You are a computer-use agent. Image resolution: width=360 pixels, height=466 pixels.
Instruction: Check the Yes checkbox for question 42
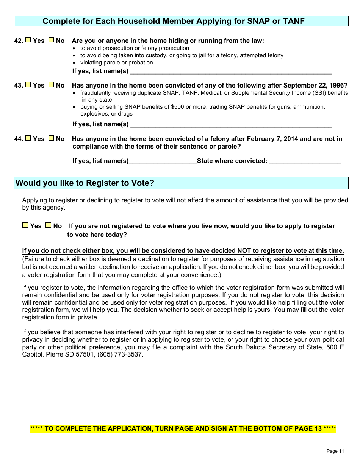[28, 40]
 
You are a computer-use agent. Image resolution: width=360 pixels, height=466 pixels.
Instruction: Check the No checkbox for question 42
[51, 40]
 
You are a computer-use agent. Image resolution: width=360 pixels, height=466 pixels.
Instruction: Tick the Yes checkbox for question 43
[28, 85]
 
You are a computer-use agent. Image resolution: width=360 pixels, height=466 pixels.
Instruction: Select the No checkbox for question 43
[51, 85]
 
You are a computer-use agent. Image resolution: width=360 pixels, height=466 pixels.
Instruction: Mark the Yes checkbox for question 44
[28, 138]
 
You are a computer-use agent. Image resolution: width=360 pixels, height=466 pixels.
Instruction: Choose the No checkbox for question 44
[51, 138]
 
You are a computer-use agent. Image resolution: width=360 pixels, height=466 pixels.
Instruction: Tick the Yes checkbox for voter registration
[25, 225]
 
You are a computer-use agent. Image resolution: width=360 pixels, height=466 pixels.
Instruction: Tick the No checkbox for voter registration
[48, 225]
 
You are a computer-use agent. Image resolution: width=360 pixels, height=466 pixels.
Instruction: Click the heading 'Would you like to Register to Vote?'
[85, 183]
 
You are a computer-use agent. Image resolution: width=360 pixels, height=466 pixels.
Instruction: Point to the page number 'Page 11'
[335, 451]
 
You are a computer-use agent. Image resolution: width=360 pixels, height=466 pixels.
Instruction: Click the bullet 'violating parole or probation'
[116, 63]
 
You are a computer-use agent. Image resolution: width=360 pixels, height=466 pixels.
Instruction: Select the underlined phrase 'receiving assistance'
[274, 259]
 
